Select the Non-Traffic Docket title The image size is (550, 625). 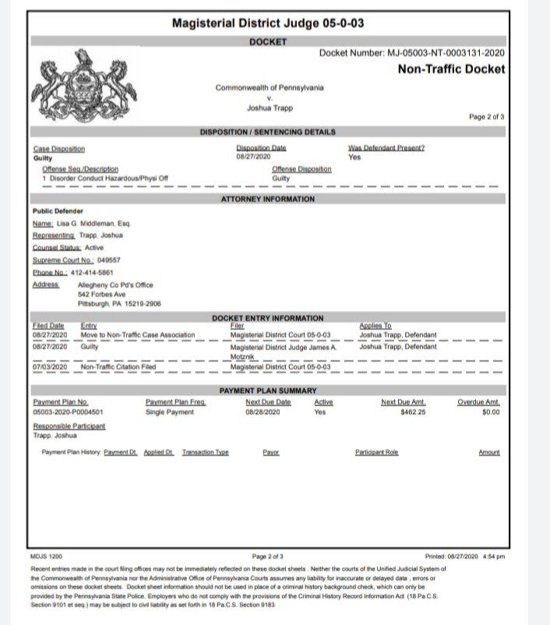point(451,69)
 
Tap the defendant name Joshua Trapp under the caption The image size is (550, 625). point(270,108)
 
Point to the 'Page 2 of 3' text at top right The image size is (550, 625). point(486,117)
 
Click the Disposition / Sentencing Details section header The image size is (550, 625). point(268,132)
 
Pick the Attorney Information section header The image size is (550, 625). point(268,200)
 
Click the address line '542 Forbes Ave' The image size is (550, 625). point(101,294)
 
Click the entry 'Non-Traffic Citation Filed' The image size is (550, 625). point(118,366)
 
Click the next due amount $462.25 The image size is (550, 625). point(413,411)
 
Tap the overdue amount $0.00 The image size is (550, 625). point(490,411)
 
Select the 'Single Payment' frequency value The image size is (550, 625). point(170,411)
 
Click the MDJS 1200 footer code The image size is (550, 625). point(44,556)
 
